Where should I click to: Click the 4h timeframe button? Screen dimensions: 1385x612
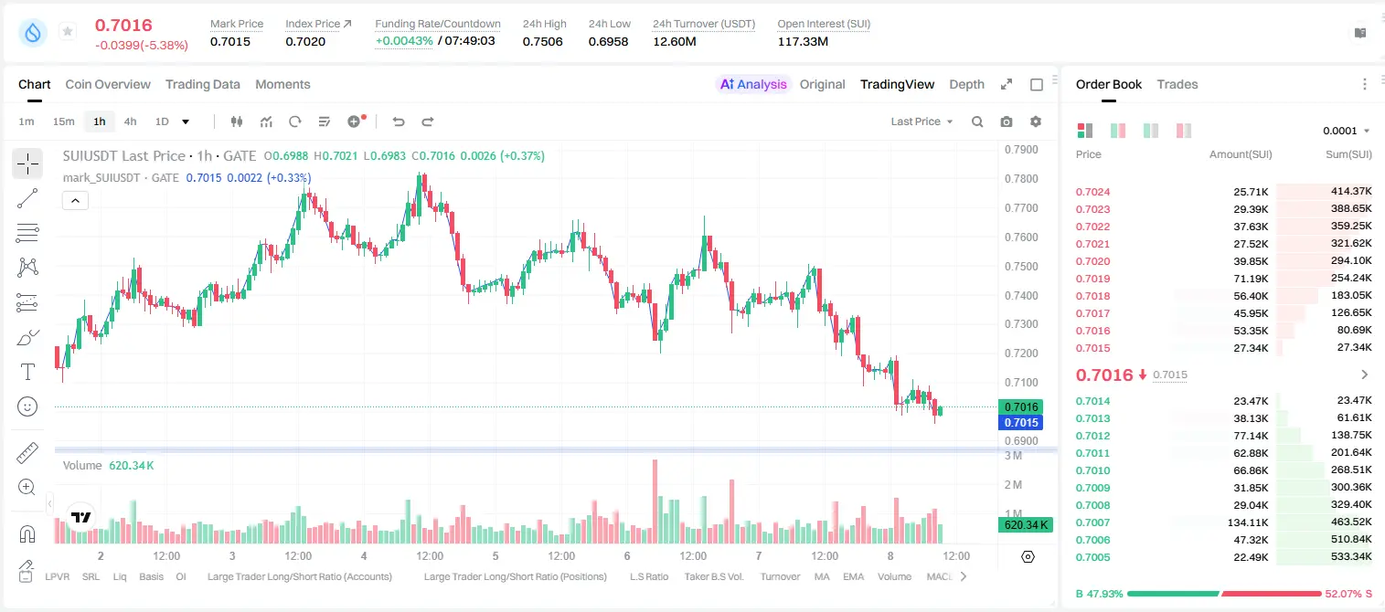[130, 121]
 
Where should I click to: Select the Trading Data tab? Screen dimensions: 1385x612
[202, 84]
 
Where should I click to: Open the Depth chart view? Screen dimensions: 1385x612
[966, 84]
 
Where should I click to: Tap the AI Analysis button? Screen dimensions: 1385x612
[753, 84]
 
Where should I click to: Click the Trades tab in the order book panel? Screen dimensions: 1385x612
[1177, 84]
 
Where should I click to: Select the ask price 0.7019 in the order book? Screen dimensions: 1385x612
[1092, 279]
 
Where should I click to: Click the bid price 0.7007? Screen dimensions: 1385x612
[1092, 522]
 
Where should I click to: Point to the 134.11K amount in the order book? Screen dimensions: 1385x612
[1247, 522]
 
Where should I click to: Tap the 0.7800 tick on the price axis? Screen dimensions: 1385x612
[1021, 178]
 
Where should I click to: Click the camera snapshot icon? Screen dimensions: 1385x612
[1006, 121]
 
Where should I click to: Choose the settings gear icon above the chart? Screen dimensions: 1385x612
[1036, 121]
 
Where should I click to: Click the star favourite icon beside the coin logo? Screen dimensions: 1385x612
[68, 31]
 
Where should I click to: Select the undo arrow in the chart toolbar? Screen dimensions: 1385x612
[399, 121]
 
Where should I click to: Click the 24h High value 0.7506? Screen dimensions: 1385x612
[542, 41]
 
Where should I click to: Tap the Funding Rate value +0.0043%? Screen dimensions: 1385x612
[404, 41]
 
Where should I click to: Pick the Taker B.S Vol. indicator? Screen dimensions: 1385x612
[713, 576]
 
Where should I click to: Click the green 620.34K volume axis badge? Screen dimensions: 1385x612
[1025, 525]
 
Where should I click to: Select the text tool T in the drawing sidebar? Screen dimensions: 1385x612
[27, 372]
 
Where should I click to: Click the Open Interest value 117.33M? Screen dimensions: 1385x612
[803, 41]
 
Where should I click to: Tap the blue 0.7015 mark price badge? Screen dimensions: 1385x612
[1021, 422]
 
